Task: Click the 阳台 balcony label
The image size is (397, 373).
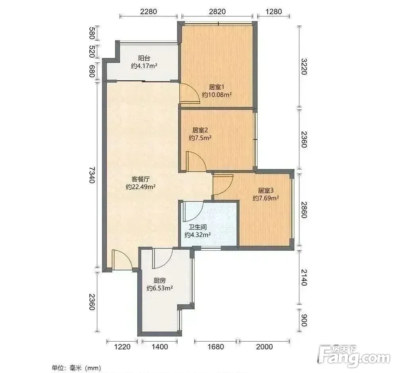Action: coord(144,58)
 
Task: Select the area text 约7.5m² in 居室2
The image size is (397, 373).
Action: coord(200,138)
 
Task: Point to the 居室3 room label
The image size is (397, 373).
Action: coord(266,190)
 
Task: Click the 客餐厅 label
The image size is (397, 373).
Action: coord(141,179)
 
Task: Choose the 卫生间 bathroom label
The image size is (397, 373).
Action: coord(197,227)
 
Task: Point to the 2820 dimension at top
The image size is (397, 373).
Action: coord(217,12)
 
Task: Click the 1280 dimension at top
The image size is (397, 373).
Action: coord(274,12)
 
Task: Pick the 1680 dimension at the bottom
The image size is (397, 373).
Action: coord(216,347)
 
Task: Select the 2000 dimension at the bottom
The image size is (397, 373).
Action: coord(264,347)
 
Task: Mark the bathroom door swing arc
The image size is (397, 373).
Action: coord(198,213)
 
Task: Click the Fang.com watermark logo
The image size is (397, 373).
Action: coord(354,356)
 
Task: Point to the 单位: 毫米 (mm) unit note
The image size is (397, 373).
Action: coord(76,368)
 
